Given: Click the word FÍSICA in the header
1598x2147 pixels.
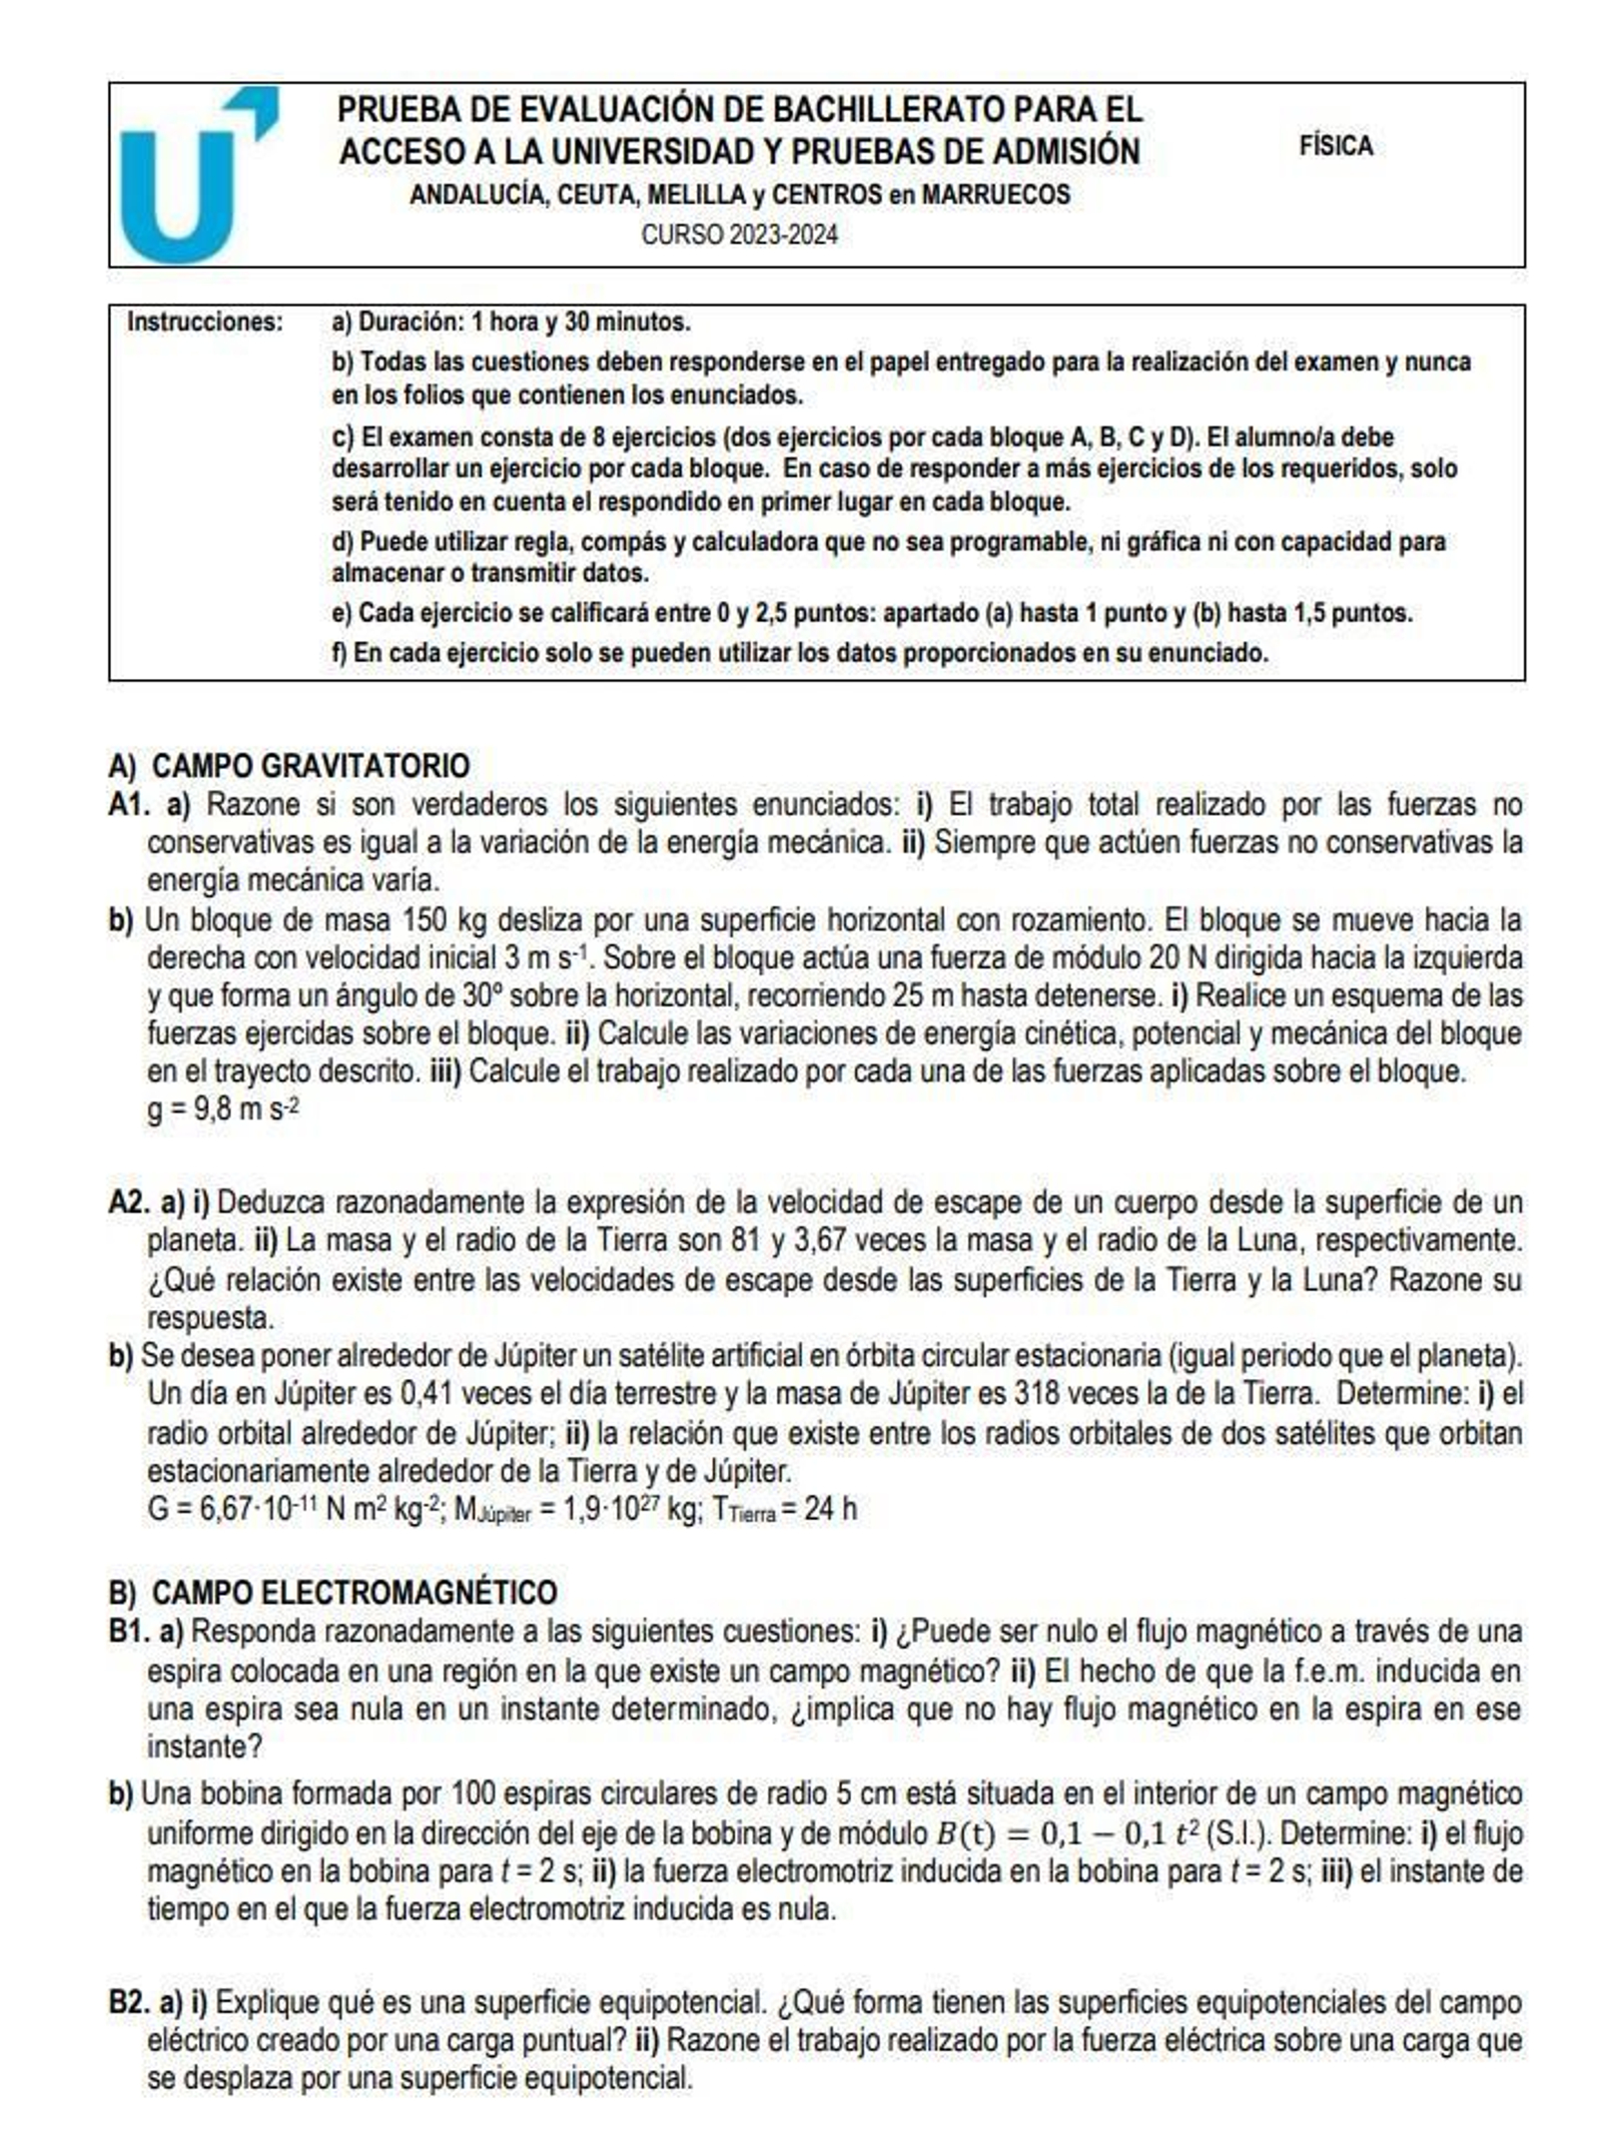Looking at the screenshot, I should pyautogui.click(x=1334, y=146).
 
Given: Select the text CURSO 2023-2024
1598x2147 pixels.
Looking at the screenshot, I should pyautogui.click(x=738, y=235).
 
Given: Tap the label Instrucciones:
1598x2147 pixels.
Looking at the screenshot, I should pyautogui.click(x=205, y=322).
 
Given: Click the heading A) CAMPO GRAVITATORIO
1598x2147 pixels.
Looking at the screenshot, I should pyautogui.click(x=289, y=765).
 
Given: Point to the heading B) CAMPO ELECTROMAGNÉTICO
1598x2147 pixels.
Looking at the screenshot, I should pyautogui.click(x=332, y=1592).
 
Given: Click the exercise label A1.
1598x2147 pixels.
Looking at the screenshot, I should pyautogui.click(x=128, y=804).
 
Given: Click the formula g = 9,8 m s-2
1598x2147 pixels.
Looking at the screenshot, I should pyautogui.click(x=222, y=1109).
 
